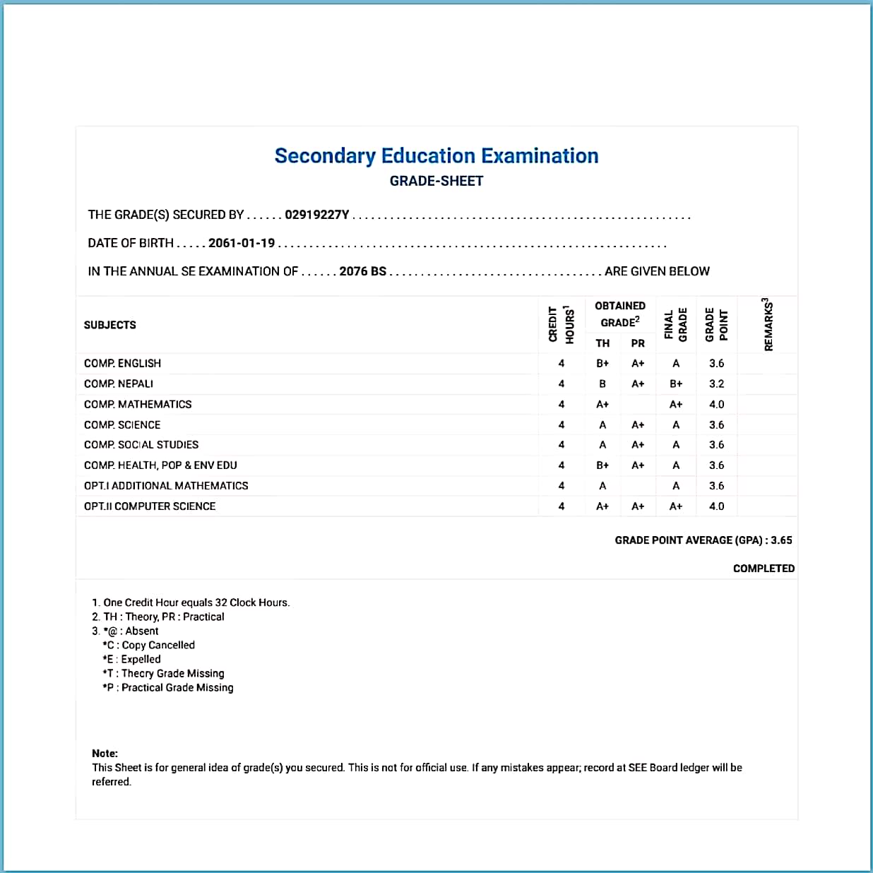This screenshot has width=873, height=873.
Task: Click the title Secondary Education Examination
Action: (x=436, y=156)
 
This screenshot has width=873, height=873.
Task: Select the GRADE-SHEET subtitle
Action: (x=436, y=181)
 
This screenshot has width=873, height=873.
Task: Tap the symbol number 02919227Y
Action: (x=316, y=215)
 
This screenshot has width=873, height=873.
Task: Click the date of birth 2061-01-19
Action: (x=242, y=243)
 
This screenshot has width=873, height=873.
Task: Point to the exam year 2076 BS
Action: (x=362, y=271)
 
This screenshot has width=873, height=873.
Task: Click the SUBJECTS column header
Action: (x=110, y=325)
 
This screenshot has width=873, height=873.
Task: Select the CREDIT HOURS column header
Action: (x=562, y=325)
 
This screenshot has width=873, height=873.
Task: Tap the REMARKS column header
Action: (x=768, y=324)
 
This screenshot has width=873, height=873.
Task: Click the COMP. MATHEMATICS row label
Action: (x=138, y=404)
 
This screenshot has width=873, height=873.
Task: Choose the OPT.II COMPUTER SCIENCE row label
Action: (x=150, y=506)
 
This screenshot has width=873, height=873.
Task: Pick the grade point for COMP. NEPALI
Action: (x=716, y=384)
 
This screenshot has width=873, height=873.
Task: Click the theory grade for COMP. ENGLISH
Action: (x=602, y=363)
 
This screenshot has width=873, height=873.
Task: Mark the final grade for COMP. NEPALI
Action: (x=676, y=384)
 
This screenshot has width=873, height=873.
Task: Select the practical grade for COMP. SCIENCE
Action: (x=638, y=424)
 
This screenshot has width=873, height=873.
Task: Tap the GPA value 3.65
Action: (x=781, y=540)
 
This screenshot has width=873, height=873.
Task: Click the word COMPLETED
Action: (x=764, y=569)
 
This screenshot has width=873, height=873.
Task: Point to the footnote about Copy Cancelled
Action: (x=149, y=645)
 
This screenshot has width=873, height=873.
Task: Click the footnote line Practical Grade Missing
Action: (x=168, y=687)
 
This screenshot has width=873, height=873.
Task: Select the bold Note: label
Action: (x=105, y=754)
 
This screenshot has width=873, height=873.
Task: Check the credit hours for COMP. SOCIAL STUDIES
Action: (x=562, y=445)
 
